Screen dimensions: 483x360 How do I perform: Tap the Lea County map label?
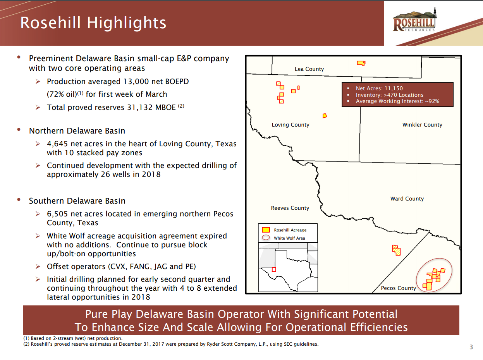309,69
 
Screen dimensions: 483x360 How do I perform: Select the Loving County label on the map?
290,125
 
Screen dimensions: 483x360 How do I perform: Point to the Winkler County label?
422,125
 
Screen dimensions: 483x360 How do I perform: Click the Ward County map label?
407,199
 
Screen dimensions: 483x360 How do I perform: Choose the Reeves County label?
290,208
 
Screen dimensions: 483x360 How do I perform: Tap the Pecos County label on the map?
398,288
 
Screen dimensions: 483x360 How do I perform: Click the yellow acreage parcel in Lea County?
361,63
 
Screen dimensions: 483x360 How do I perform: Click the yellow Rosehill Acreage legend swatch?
266,230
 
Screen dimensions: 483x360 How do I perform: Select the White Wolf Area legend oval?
266,238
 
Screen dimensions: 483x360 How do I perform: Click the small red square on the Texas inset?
274,269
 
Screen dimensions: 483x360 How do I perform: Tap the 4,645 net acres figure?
57,144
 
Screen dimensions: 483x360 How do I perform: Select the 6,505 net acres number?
57,214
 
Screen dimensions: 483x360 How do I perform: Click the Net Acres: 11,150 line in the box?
379,88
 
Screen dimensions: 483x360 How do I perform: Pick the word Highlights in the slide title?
127,23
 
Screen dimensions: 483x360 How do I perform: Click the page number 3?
471,347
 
